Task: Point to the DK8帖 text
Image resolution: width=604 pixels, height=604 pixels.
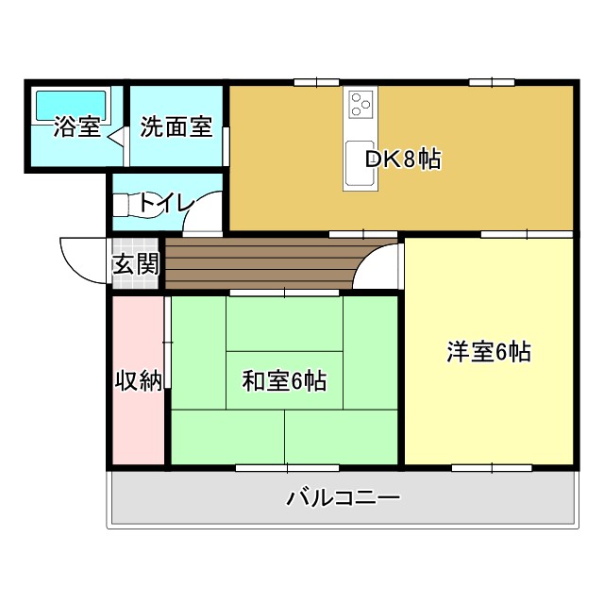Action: [403, 159]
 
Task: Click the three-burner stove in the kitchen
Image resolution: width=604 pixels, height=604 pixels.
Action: [361, 103]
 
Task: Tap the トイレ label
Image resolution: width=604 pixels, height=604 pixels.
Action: [166, 203]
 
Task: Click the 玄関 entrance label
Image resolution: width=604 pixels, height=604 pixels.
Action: [136, 264]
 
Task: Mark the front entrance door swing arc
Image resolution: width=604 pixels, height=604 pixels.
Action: [83, 260]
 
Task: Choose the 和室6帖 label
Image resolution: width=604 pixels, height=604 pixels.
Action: [284, 380]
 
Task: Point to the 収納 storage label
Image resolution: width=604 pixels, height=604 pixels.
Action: [139, 380]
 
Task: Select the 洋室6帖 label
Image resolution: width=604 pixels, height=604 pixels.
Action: [488, 352]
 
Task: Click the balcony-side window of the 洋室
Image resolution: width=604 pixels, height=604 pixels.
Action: [491, 467]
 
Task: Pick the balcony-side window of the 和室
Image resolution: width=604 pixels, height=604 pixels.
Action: [284, 467]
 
